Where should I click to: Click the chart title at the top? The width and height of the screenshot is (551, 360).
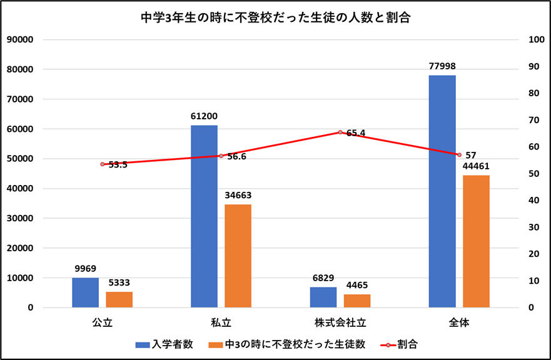pos(275,17)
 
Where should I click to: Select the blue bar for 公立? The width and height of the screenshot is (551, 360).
pos(85,292)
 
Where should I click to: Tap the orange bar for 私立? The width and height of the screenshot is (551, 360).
pos(238,256)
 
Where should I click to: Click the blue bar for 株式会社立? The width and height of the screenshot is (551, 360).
pos(323,297)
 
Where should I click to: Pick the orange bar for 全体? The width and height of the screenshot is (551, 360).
pos(476,241)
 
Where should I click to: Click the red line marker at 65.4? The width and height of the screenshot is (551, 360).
pos(340,132)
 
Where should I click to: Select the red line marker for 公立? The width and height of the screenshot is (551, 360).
pos(102,164)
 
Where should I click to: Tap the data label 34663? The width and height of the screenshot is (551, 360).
pos(238,195)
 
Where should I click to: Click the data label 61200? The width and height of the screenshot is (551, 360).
pos(204,116)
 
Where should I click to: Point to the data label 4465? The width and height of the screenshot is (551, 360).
pos(357,285)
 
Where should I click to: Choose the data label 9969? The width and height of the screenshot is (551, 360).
pos(85,269)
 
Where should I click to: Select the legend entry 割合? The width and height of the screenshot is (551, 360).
pos(407,344)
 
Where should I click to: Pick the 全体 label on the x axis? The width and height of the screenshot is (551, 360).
pos(459,324)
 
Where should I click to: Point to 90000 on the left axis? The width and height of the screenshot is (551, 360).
pos(19,39)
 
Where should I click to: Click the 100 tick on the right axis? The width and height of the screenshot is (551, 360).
pos(537,39)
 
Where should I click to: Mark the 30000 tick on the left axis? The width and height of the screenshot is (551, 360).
pos(19,218)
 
